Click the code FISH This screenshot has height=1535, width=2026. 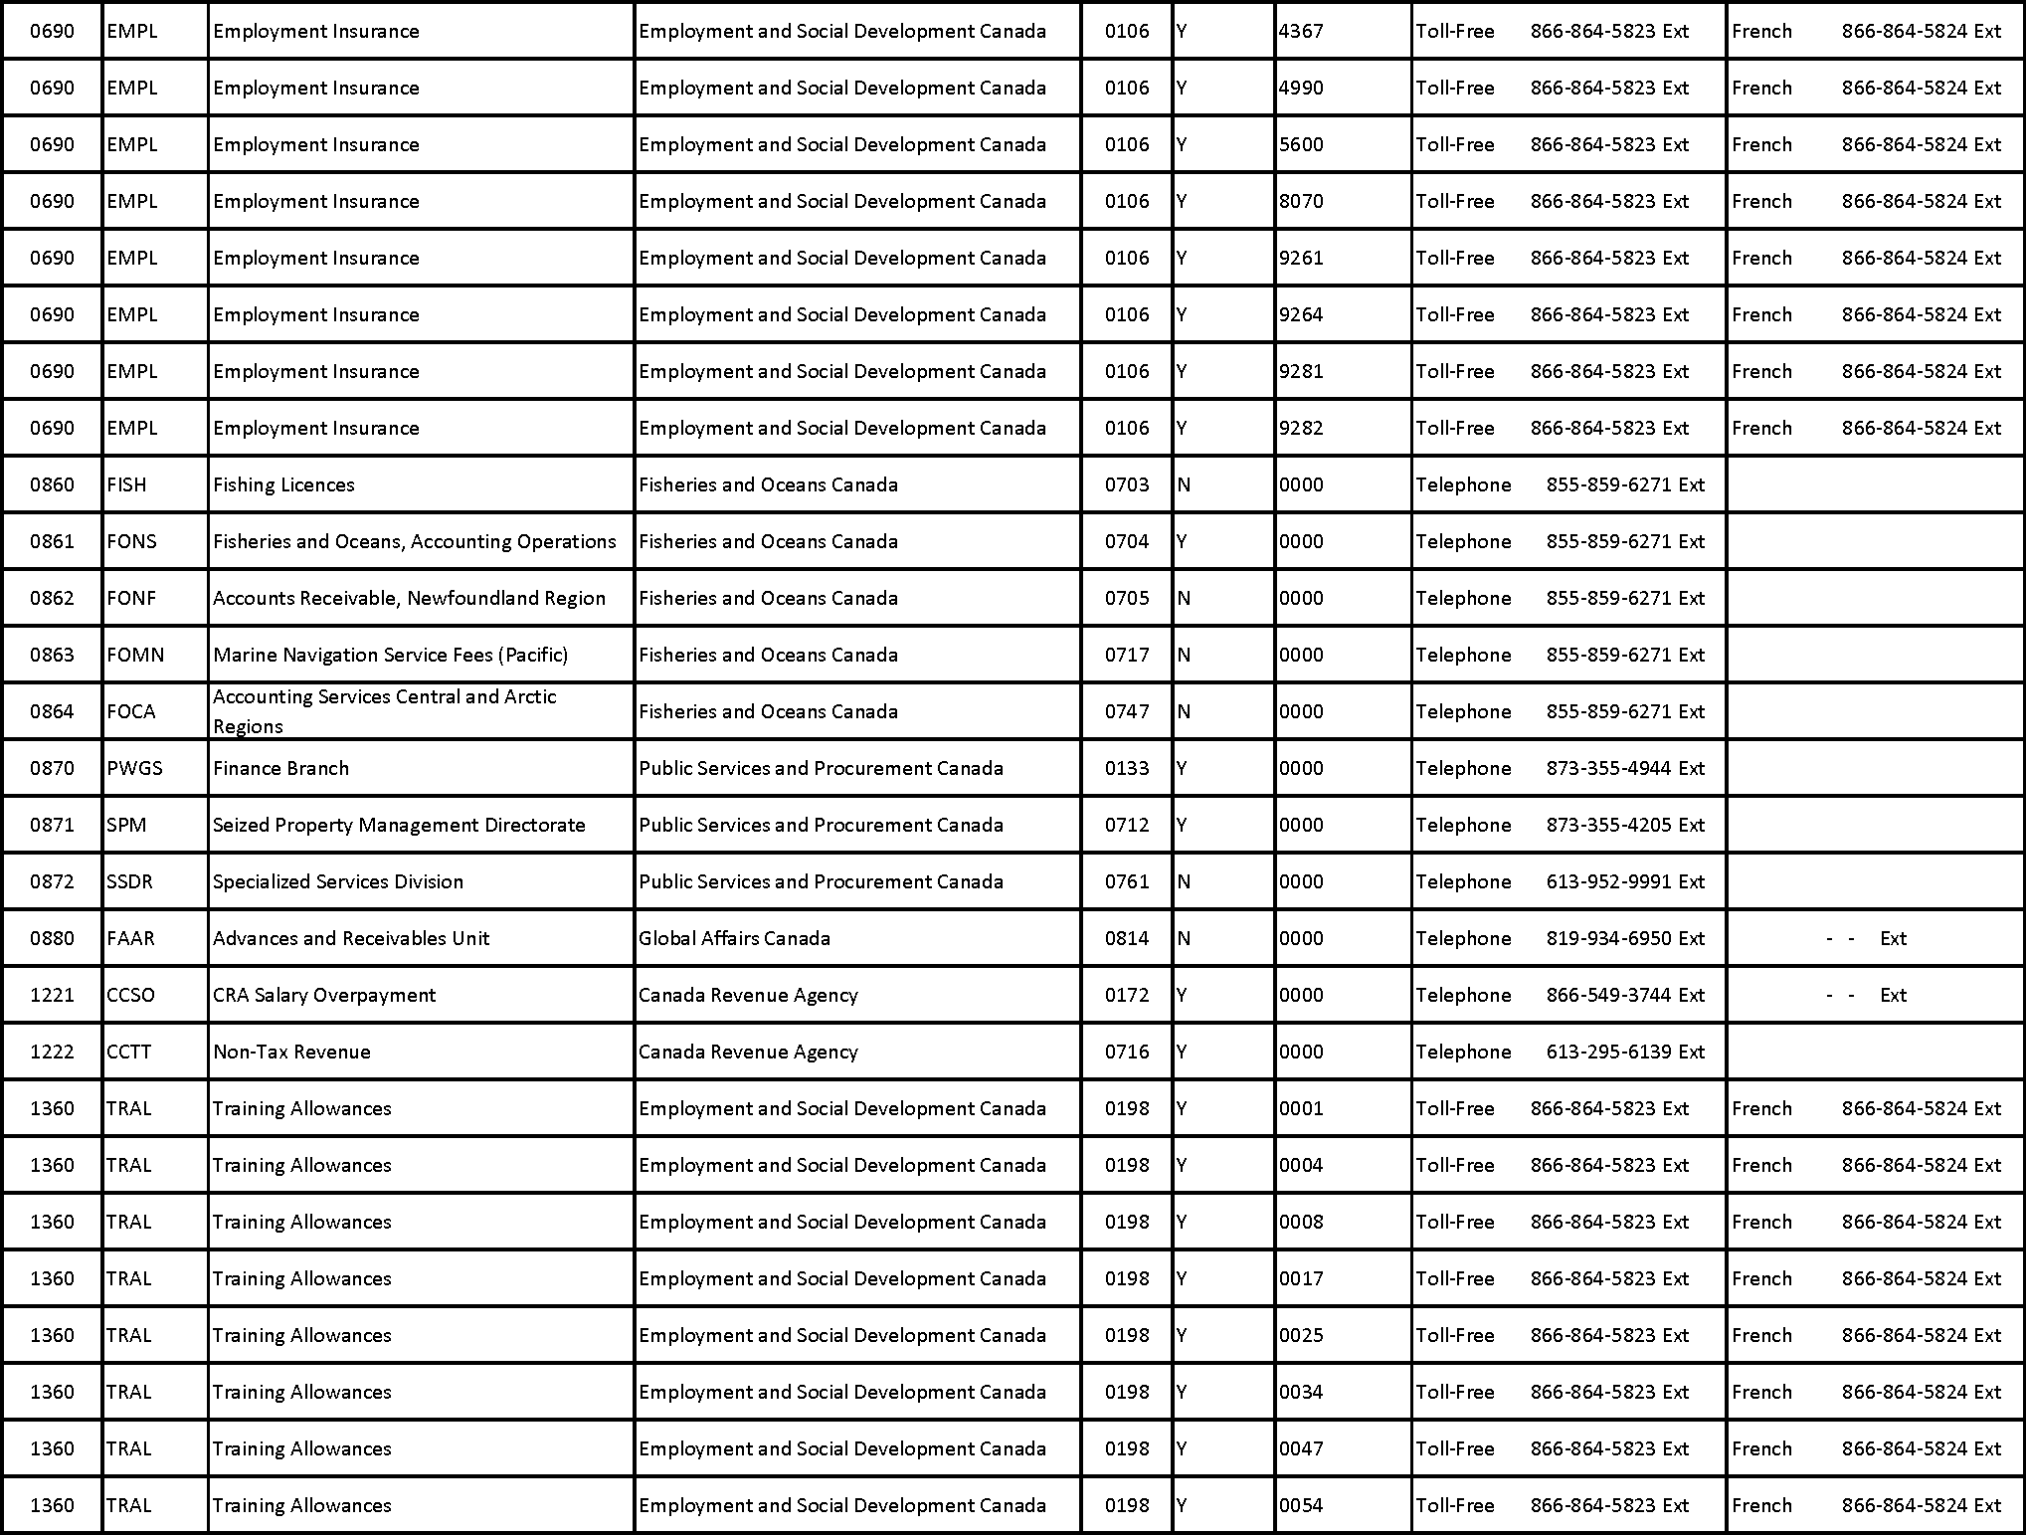(x=126, y=484)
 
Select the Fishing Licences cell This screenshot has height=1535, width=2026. (x=283, y=484)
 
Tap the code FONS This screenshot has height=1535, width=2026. (x=131, y=541)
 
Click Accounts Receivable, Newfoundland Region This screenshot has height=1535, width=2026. (x=409, y=598)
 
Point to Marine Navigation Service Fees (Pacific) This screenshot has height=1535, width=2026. (x=390, y=655)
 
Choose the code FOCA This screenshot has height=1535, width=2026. (x=131, y=711)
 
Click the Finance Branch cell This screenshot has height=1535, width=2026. (x=280, y=768)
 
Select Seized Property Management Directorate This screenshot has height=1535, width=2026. (x=399, y=825)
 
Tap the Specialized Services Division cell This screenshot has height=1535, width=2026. (x=338, y=881)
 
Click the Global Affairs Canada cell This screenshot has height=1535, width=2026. (x=734, y=938)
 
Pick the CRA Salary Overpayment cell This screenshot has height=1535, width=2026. (x=324, y=995)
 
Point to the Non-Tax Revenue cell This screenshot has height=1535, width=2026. (x=291, y=1052)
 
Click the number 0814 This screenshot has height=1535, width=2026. (x=1127, y=938)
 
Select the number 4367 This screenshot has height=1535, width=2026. (x=1301, y=31)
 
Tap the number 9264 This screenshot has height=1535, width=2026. (x=1301, y=314)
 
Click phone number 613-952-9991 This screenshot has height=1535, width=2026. (x=1608, y=881)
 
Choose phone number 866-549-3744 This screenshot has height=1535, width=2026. (x=1608, y=995)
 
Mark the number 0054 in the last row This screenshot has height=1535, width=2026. (x=1301, y=1505)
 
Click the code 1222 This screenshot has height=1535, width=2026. (x=52, y=1052)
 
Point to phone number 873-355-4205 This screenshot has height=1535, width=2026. (x=1608, y=825)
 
